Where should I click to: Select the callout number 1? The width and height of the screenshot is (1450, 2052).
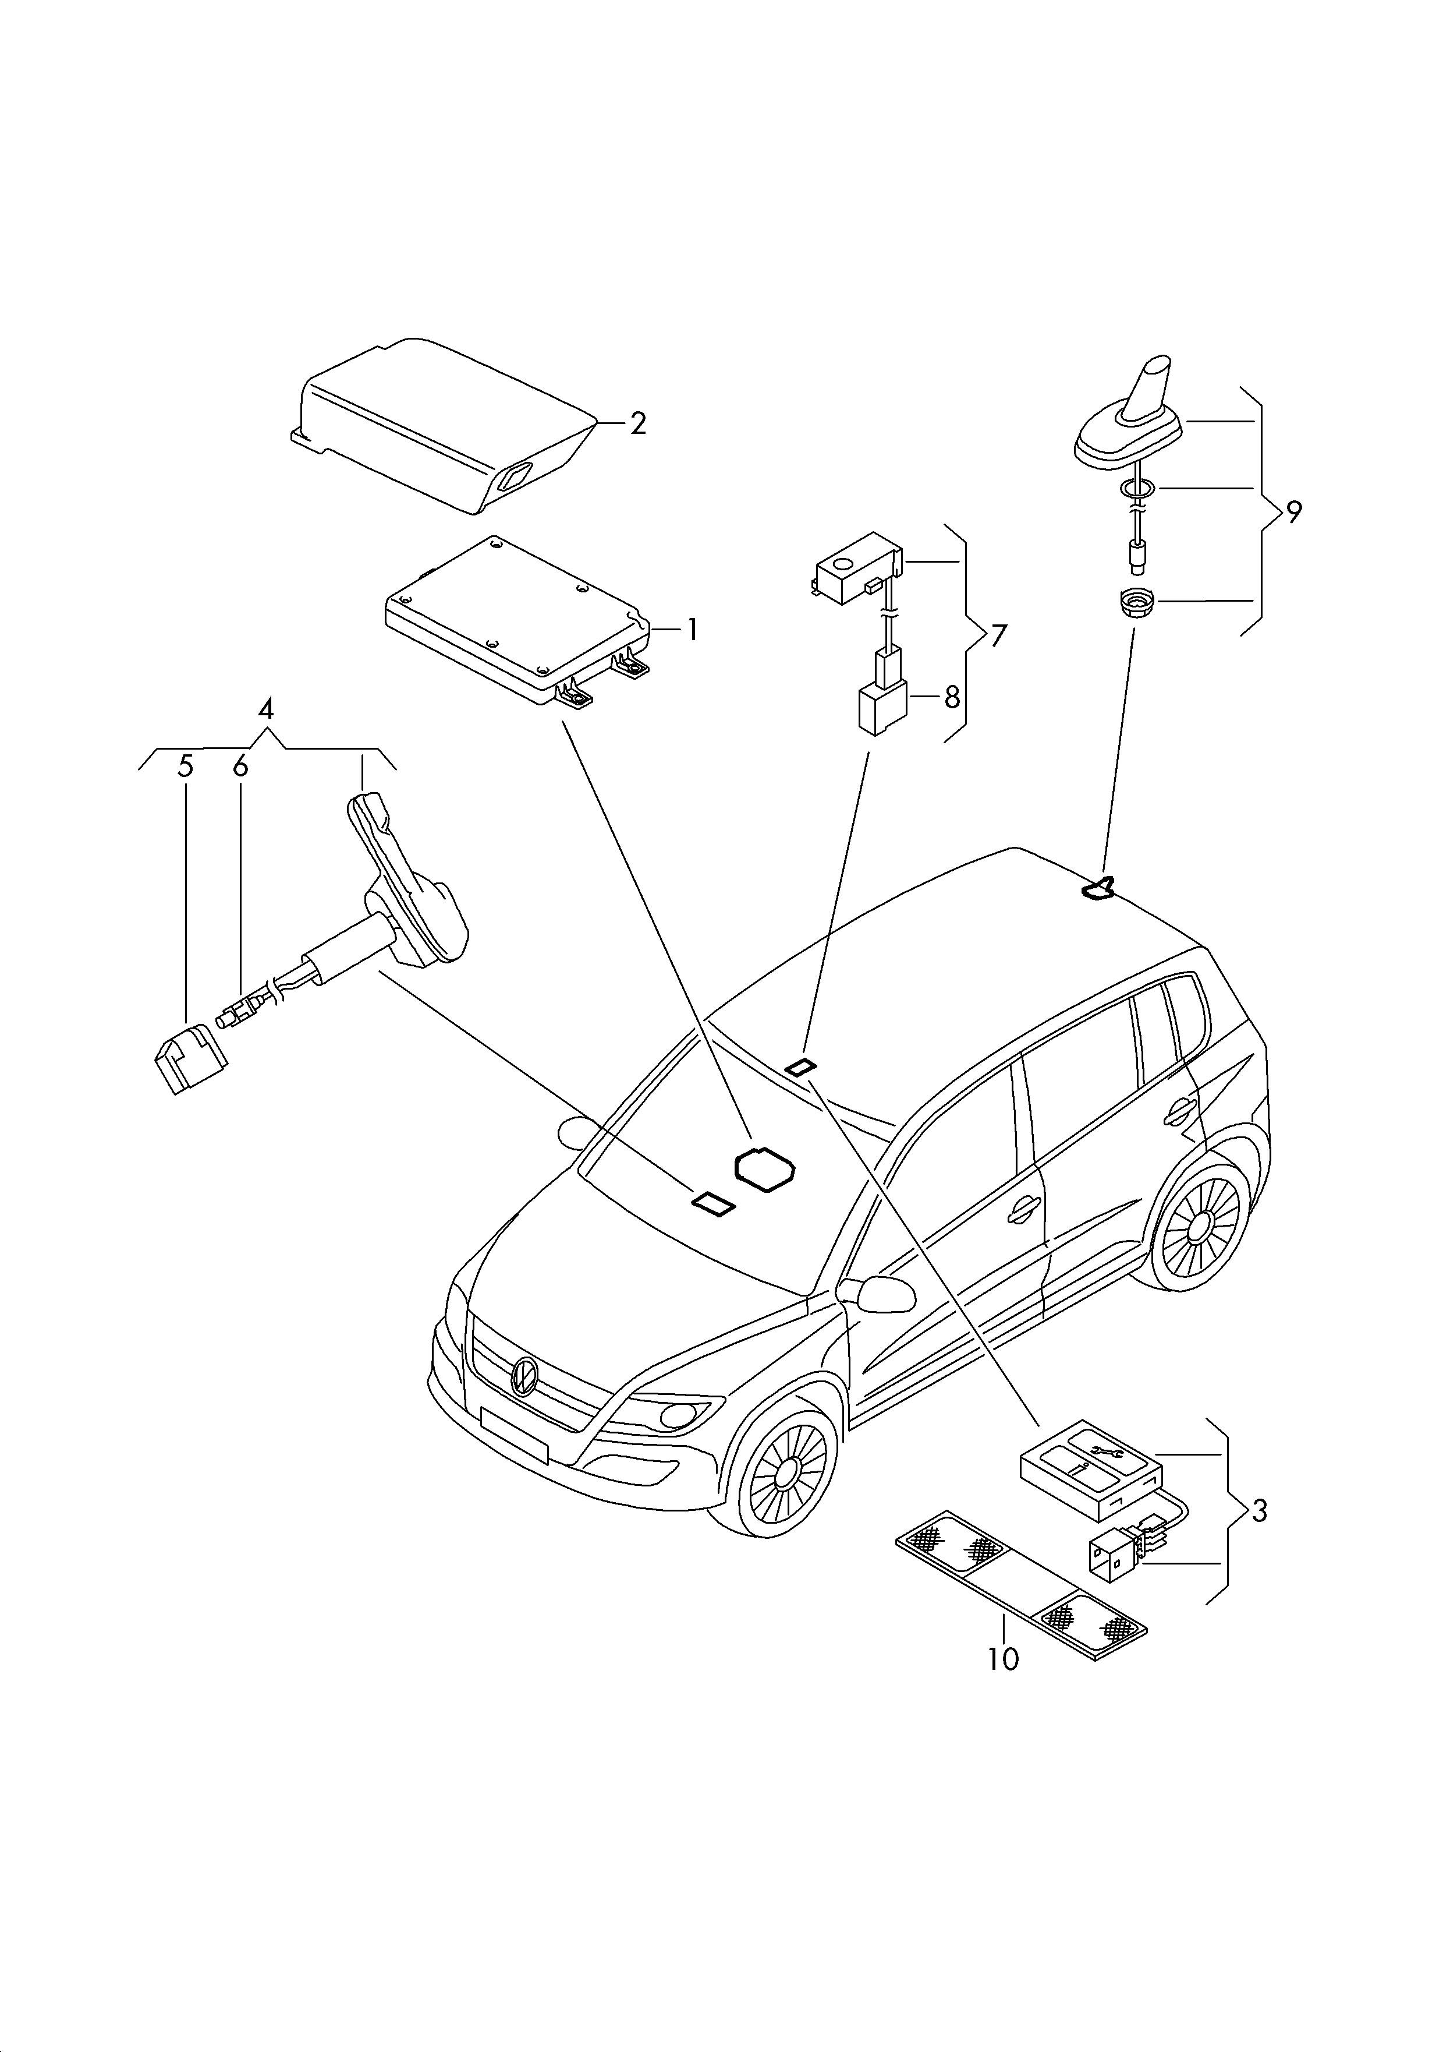tap(692, 631)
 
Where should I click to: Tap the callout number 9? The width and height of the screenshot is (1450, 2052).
tap(1293, 512)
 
